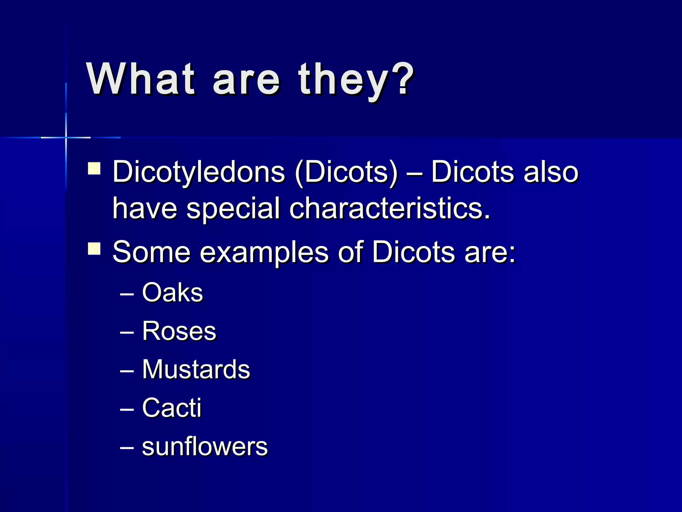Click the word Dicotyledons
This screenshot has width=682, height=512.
[x=198, y=172]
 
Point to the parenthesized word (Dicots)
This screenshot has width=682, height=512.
[x=346, y=172]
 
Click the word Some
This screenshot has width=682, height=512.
[x=152, y=252]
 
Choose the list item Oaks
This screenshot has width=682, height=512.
[x=172, y=293]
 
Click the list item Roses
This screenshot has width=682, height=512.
[x=179, y=331]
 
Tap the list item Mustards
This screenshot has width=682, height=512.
[x=196, y=369]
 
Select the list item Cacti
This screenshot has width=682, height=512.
[x=172, y=408]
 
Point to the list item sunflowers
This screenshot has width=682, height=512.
[x=205, y=447]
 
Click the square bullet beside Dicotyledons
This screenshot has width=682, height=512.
[x=94, y=168]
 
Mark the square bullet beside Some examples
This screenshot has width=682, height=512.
[x=94, y=249]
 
